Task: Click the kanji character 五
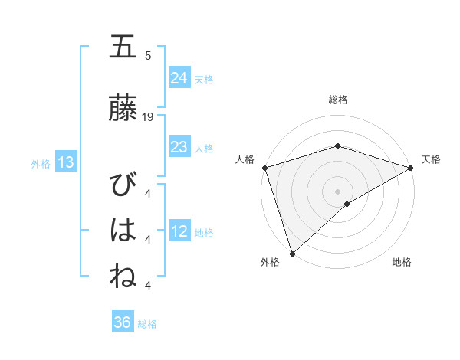123,47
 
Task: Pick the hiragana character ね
123,276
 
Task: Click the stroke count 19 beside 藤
148,117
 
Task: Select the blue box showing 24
179,77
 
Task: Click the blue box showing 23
179,147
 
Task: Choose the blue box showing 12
179,231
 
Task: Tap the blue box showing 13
66,162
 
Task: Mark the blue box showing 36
123,322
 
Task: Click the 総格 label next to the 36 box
147,324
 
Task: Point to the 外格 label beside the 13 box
41,163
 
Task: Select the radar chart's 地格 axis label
402,262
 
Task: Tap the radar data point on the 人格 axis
264,167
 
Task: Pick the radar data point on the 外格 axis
292,253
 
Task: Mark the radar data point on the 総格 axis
337,146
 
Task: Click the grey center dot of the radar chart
337,190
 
